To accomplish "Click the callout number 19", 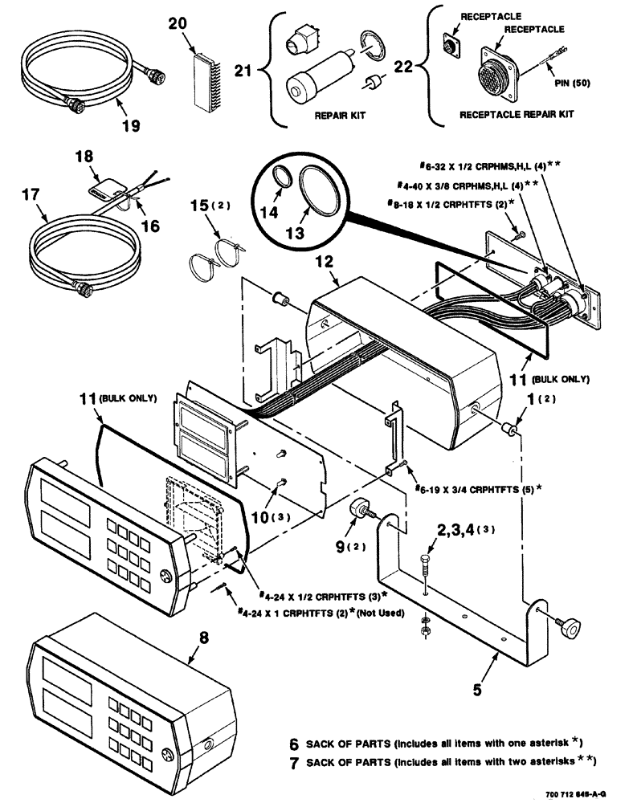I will (131, 125).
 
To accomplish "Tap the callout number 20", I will (178, 24).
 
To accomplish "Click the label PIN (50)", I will (573, 82).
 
